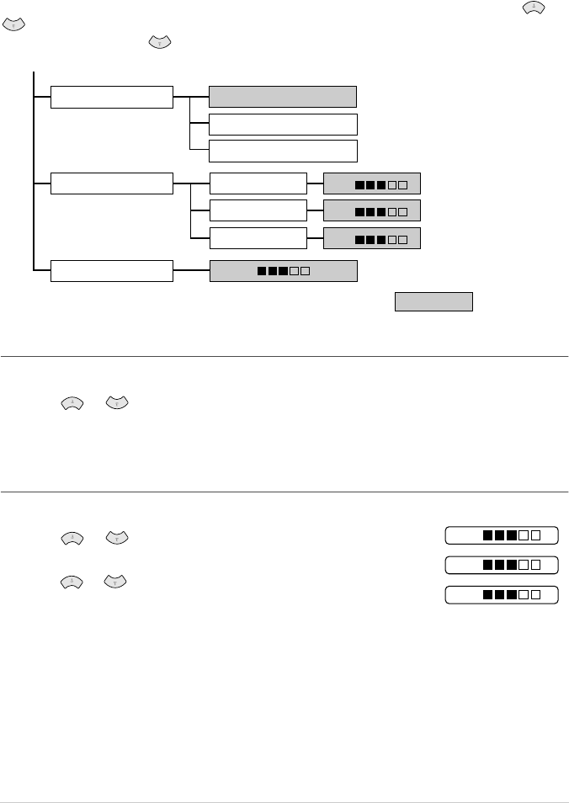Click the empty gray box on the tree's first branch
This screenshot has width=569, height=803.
[283, 96]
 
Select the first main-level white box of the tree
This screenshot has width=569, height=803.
[112, 97]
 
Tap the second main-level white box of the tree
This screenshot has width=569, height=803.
[112, 183]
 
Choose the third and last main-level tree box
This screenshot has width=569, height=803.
[112, 271]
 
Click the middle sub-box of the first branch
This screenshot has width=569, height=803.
[283, 125]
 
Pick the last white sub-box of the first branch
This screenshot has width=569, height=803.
[283, 151]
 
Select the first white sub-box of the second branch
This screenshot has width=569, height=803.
[258, 183]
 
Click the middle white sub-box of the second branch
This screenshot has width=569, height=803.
[258, 210]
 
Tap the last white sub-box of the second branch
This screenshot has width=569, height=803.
[258, 237]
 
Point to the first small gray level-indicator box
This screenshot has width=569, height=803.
[371, 183]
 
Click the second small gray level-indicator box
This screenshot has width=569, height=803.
[371, 210]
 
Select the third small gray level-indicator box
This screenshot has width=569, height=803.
[371, 238]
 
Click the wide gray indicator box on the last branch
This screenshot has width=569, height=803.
[283, 271]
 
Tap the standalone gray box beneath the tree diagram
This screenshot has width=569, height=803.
[434, 301]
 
